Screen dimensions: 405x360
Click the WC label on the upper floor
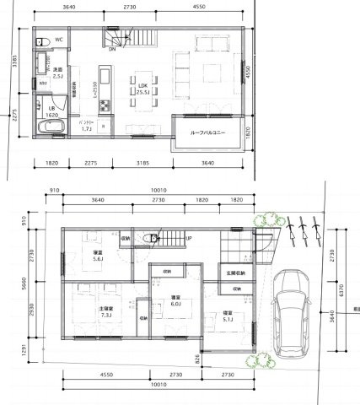(x=60, y=40)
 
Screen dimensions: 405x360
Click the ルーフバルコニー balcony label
(x=207, y=132)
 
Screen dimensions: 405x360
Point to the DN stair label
(x=113, y=47)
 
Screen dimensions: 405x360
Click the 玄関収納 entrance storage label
(x=236, y=273)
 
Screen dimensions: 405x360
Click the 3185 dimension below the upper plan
(x=141, y=162)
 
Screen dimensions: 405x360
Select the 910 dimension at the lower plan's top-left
(x=55, y=190)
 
